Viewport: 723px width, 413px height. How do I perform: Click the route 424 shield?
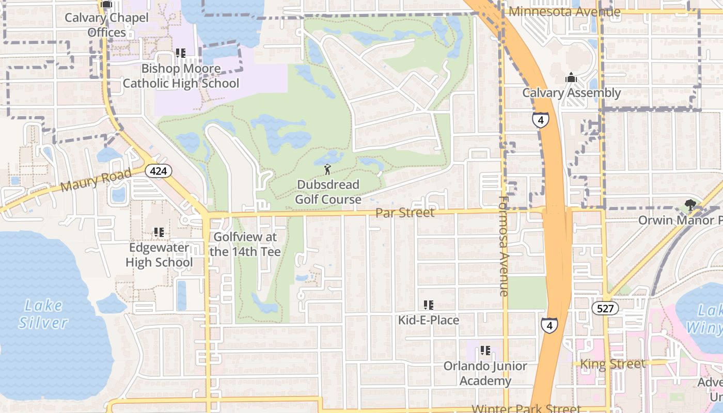tap(158, 171)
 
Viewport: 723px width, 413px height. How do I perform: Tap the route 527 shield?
tap(605, 309)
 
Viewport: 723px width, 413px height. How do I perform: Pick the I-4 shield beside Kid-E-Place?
tap(549, 326)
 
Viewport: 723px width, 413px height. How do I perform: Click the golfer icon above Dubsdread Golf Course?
tap(327, 169)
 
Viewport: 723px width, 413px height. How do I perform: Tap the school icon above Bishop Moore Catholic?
tap(180, 53)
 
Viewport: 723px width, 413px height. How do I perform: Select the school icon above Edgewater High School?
tap(159, 232)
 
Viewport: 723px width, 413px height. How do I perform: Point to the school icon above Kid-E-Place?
tap(428, 305)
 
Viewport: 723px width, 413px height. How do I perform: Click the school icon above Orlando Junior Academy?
tap(485, 351)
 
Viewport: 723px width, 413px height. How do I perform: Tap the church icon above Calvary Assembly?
tap(571, 77)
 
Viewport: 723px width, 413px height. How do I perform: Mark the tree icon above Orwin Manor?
tap(689, 205)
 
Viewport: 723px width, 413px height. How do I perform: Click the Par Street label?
tap(405, 213)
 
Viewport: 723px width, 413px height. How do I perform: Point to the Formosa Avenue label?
tap(505, 246)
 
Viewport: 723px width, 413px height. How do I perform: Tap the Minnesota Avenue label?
tap(564, 11)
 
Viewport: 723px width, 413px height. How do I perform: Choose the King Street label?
tap(612, 364)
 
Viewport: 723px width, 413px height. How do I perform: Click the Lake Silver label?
tap(43, 314)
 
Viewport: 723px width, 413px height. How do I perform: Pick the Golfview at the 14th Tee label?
tap(245, 245)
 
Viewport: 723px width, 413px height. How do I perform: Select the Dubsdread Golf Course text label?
tap(328, 192)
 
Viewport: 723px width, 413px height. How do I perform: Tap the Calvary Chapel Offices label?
tap(106, 25)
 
